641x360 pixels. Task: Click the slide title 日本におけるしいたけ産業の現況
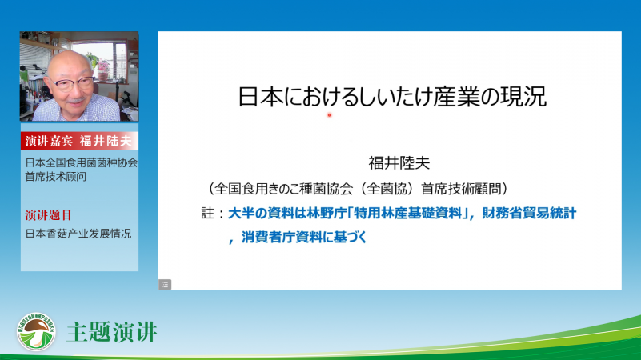(392, 97)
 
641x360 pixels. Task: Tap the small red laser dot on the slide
(329, 115)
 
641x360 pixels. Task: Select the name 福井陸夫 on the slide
(399, 163)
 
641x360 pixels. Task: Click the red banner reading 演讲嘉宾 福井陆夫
(79, 141)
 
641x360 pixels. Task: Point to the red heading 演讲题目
(48, 215)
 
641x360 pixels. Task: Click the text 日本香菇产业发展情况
(78, 234)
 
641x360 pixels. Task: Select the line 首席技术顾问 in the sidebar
(55, 177)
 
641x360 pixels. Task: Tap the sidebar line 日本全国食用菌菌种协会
(82, 162)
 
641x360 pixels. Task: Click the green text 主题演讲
(111, 332)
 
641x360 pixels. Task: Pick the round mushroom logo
(36, 332)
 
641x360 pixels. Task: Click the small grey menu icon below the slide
(165, 285)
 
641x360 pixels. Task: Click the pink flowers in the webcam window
(103, 66)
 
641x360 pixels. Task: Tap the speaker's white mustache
(77, 99)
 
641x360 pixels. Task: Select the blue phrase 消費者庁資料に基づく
(304, 237)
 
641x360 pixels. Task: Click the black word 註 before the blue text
(207, 213)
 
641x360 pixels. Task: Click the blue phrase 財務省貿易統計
(529, 213)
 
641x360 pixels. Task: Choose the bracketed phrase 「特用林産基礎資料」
(408, 213)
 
